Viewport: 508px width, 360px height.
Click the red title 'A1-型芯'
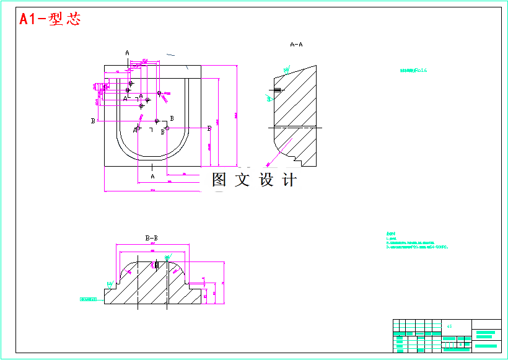pos(50,19)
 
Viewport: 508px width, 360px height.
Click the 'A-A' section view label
pos(296,45)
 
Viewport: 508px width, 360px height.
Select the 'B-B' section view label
pos(151,237)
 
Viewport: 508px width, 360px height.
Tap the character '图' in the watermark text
pos(221,180)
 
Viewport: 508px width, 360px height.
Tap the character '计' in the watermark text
pos(289,180)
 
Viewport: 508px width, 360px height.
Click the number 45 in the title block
pos(449,325)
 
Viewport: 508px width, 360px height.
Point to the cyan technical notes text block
pos(415,240)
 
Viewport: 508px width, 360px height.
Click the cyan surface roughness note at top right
pos(414,71)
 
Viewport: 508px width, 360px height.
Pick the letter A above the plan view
pos(128,53)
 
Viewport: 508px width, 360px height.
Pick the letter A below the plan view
pos(152,177)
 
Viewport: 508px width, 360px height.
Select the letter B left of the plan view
pos(93,121)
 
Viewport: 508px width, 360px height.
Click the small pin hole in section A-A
pos(276,91)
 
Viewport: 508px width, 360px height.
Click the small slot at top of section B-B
pos(157,265)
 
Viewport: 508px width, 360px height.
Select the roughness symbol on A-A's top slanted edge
pos(287,69)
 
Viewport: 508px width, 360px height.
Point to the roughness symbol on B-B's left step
pos(110,284)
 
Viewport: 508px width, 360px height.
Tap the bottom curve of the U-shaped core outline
pos(152,157)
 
